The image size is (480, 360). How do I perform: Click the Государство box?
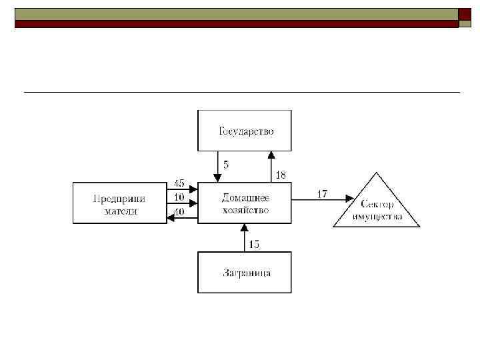245,131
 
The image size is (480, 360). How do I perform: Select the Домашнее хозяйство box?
245,204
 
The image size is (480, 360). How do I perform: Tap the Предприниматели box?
119,204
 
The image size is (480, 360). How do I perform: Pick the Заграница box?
245,273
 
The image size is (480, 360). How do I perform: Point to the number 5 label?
227,165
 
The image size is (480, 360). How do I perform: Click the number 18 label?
281,175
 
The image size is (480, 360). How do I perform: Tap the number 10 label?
179,197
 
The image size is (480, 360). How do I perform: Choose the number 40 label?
179,212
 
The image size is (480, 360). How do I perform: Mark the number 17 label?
322,194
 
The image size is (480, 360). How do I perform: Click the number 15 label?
254,245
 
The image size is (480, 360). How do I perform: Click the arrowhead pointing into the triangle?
349,198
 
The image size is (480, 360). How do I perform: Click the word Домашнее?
245,199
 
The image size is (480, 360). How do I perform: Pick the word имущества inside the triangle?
378,217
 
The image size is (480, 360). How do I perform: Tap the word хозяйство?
245,210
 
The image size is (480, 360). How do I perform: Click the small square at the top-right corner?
465,15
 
